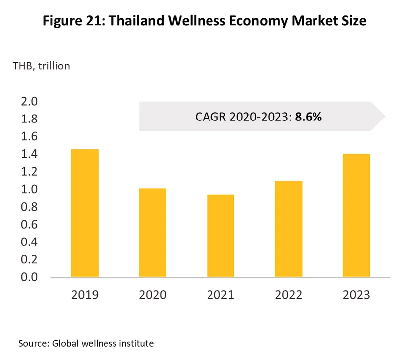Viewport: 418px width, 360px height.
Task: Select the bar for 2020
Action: (x=153, y=233)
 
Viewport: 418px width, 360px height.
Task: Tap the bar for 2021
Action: (x=220, y=236)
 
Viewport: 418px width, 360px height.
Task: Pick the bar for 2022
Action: (x=289, y=229)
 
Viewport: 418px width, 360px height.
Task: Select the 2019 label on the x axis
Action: (x=85, y=295)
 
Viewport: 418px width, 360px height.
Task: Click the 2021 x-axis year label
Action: (x=220, y=295)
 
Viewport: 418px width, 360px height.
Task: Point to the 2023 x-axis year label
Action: (x=356, y=295)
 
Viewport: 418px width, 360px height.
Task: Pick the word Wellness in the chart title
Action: (x=197, y=21)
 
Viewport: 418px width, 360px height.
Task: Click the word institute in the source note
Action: (x=135, y=343)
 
